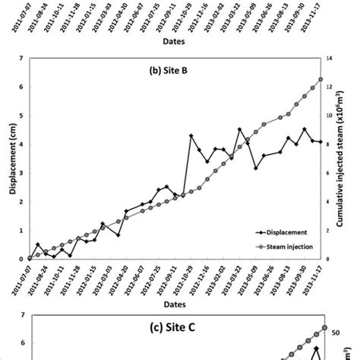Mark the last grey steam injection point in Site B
pos(321,79)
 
